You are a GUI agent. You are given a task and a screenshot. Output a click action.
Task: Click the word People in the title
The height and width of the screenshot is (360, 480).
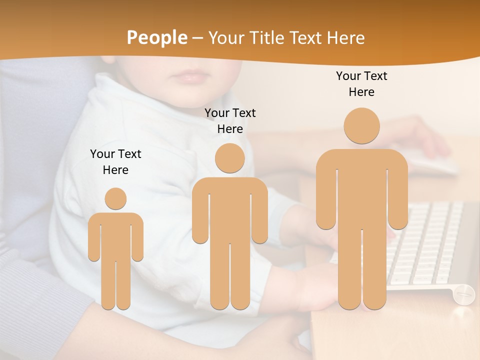click(156, 37)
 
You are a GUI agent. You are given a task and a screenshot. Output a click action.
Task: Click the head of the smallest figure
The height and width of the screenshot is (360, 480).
click(115, 198)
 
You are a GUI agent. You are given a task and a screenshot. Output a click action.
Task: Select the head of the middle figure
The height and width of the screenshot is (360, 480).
click(230, 158)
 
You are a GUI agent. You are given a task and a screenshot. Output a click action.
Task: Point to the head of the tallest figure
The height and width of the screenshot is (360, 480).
click(362, 125)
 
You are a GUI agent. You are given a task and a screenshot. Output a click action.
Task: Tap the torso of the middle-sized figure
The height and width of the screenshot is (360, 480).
click(230, 210)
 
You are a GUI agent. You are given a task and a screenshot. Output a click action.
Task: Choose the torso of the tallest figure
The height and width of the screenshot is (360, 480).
click(362, 190)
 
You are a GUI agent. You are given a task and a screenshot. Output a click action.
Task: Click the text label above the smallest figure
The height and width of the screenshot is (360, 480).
click(115, 162)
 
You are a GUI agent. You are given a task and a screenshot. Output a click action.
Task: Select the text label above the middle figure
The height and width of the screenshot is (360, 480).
click(230, 121)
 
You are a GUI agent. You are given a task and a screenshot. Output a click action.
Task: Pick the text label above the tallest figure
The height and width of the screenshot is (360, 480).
click(361, 84)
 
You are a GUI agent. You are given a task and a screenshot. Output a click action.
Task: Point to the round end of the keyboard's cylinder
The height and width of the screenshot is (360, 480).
click(463, 293)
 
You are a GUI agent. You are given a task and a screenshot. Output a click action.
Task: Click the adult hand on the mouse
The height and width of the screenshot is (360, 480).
click(425, 135)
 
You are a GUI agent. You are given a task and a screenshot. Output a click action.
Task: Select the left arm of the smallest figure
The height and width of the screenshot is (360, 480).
click(94, 240)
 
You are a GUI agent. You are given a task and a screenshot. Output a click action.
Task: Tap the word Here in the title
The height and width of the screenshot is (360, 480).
click(345, 37)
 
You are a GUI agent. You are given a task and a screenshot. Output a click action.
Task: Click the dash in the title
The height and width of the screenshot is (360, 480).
click(197, 38)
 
